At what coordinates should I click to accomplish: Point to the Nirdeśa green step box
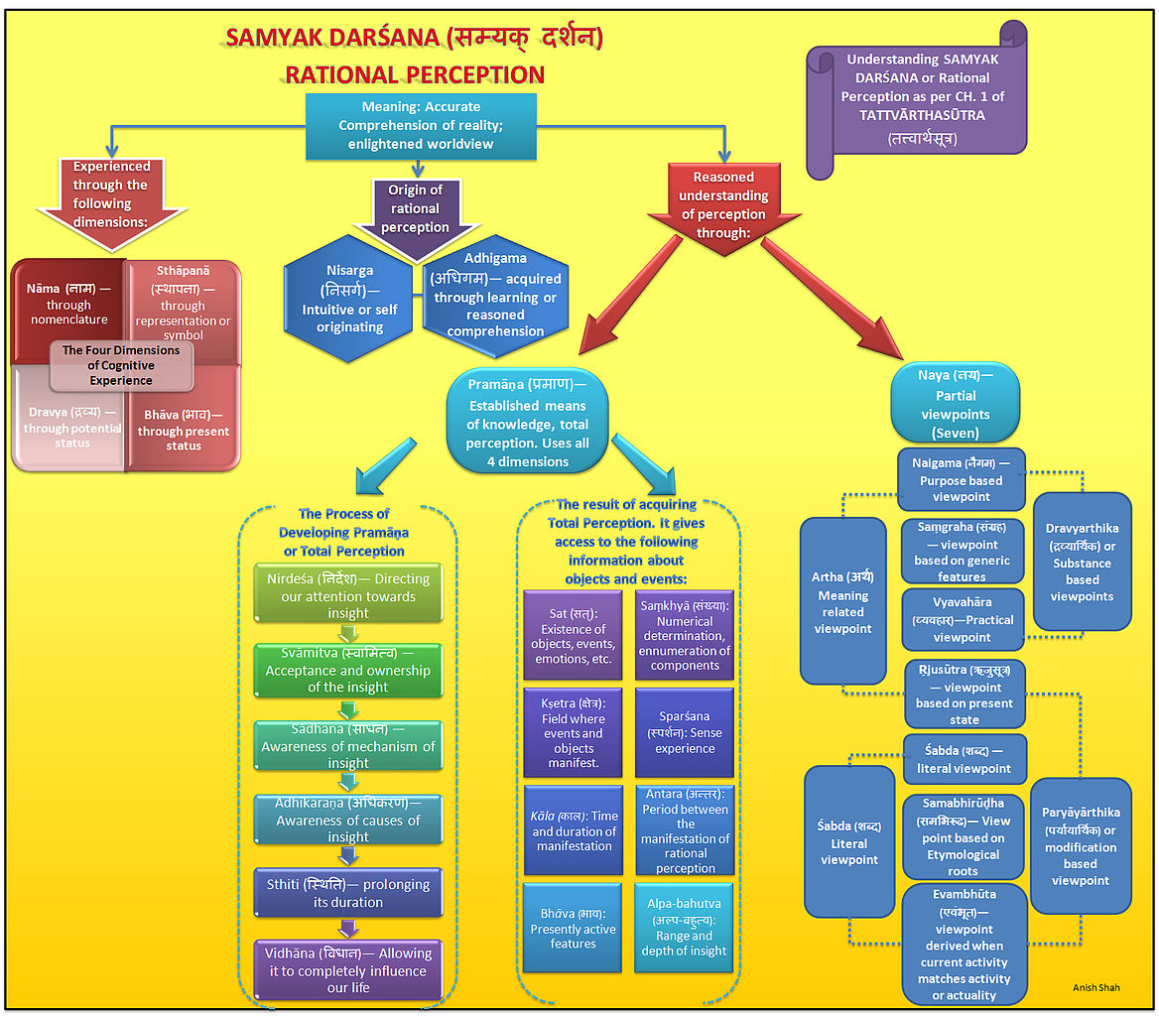pos(347,593)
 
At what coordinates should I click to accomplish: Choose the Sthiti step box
pos(347,892)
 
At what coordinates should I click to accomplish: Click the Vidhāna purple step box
pos(347,969)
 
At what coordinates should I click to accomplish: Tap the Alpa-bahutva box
pos(685,928)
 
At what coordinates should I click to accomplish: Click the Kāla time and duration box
pos(574,831)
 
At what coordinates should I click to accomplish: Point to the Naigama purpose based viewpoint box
pos(962,478)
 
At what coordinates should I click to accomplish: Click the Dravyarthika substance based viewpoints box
pos(1083,561)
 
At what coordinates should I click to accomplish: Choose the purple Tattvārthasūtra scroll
pos(917,100)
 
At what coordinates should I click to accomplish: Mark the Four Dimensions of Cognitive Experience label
pos(121,364)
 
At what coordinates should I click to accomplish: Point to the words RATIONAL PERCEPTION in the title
pos(415,74)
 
